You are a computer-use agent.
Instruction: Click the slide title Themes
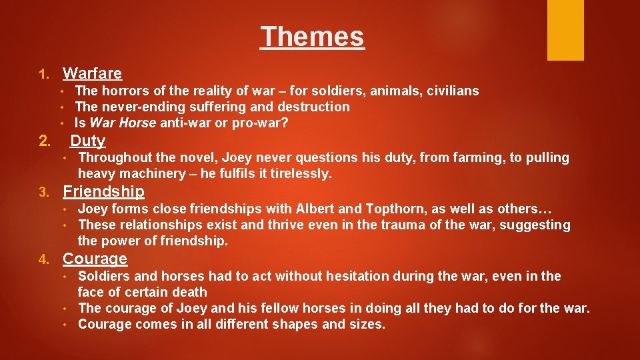tap(312, 37)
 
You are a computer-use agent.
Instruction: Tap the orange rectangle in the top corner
tap(565, 30)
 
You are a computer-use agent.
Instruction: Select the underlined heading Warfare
tap(92, 73)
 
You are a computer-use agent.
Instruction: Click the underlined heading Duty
tap(88, 141)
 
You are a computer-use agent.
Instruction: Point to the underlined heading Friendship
tap(103, 192)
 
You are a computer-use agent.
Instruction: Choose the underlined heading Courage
tap(95, 259)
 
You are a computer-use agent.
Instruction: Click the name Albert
tap(315, 209)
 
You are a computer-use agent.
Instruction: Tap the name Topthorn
tap(392, 209)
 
